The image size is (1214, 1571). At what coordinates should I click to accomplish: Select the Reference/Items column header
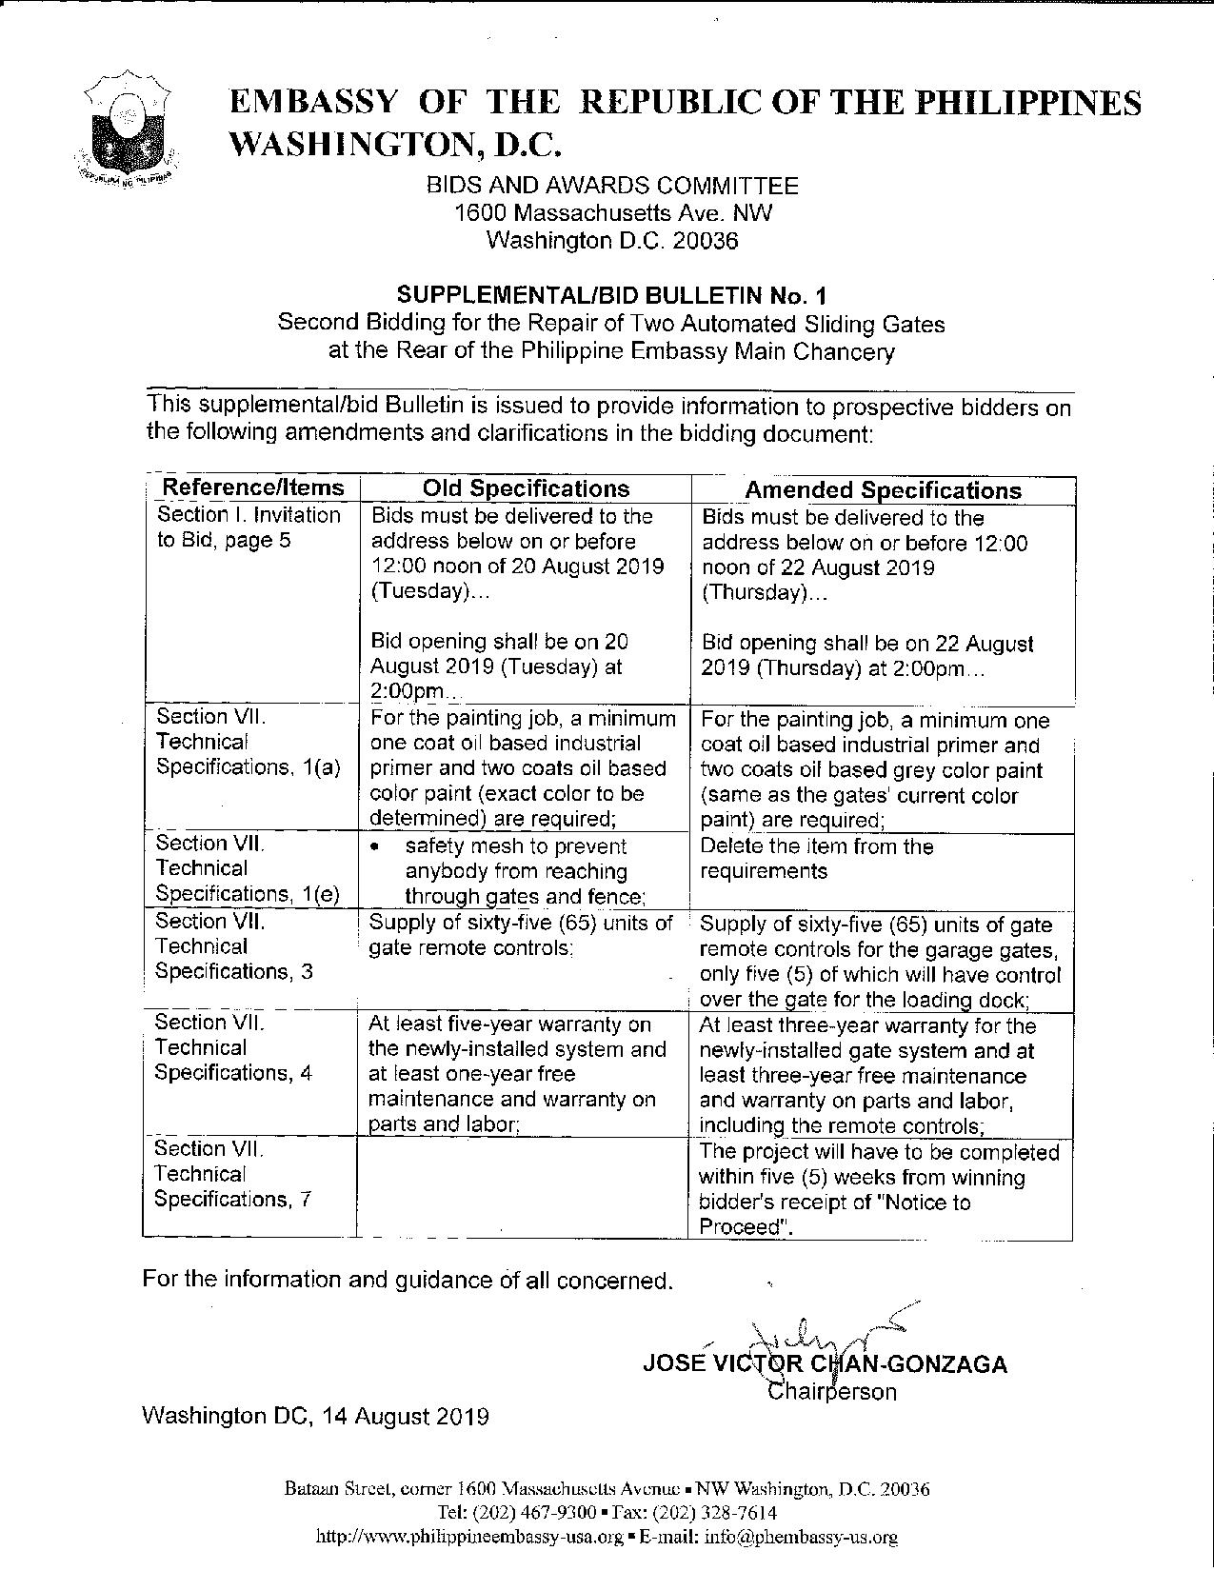pyautogui.click(x=252, y=487)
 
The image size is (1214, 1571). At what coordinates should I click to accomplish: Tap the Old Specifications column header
pyautogui.click(x=526, y=488)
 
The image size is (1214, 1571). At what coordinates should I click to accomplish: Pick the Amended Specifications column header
pyautogui.click(x=882, y=490)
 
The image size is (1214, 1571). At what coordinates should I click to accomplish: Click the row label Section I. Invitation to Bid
pyautogui.click(x=249, y=527)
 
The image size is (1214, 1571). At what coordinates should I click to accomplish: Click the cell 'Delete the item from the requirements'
pyautogui.click(x=817, y=859)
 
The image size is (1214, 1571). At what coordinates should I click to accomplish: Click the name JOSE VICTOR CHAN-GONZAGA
pyautogui.click(x=825, y=1363)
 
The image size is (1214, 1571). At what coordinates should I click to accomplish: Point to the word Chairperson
pyautogui.click(x=831, y=1391)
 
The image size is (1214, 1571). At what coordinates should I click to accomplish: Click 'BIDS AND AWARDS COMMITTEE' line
pyautogui.click(x=611, y=186)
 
